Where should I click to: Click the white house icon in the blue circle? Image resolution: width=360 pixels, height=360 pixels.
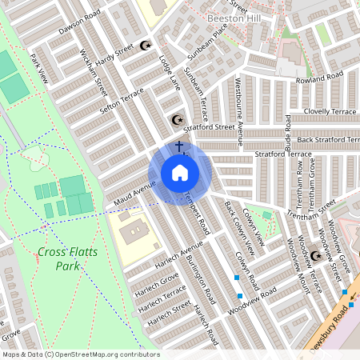tap(179, 173)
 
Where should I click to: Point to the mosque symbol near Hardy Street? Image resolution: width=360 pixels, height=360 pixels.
tap(145, 46)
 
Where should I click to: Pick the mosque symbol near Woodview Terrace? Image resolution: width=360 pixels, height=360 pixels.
tap(315, 256)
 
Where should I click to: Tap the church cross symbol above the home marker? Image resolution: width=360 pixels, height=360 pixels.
tap(180, 147)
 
